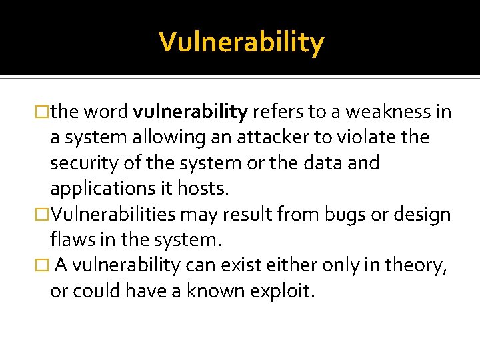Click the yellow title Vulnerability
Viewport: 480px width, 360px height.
click(241, 43)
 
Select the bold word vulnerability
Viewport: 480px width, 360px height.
click(190, 112)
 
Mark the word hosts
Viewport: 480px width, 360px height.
click(202, 189)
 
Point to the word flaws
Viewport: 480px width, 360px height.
click(69, 239)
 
